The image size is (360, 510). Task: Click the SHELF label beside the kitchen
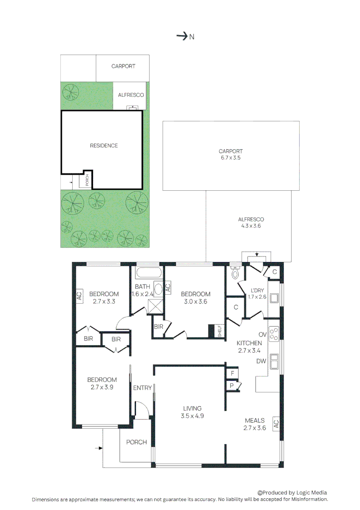coord(219,331)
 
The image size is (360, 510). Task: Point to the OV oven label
coord(263,334)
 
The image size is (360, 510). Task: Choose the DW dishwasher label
coord(261,361)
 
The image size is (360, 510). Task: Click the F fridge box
coord(232,373)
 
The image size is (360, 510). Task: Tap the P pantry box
coord(232,386)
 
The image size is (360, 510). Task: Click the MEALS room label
coord(255,424)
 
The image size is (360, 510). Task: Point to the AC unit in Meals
coord(276,423)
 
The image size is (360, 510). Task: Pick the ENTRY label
coord(142,388)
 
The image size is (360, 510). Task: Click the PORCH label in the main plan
coord(136,442)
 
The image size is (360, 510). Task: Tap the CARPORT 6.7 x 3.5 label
coord(230,155)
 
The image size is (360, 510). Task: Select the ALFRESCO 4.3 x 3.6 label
coord(251,222)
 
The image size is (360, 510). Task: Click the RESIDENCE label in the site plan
coord(104,145)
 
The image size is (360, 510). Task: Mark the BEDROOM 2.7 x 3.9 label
coord(102,383)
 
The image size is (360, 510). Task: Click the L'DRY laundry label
coord(257,293)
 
